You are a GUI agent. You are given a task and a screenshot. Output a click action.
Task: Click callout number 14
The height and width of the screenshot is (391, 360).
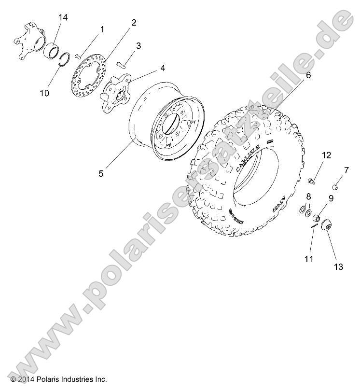click(63, 18)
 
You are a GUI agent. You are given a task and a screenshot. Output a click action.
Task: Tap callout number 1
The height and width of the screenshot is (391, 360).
click(102, 29)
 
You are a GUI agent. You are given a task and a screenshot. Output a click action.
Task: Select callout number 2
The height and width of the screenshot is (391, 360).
click(134, 22)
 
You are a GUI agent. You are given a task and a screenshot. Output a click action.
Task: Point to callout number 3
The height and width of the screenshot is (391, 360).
click(138, 46)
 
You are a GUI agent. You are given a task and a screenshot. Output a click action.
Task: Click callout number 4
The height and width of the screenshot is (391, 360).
click(163, 68)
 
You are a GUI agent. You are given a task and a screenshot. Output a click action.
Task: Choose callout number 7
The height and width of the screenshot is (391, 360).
click(346, 170)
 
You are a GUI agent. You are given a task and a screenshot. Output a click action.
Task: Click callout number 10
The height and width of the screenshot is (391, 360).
click(44, 93)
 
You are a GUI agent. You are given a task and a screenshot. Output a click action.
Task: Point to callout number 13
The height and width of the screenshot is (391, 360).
click(338, 266)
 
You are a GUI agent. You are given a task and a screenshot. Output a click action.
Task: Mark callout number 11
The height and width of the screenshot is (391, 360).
click(309, 259)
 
